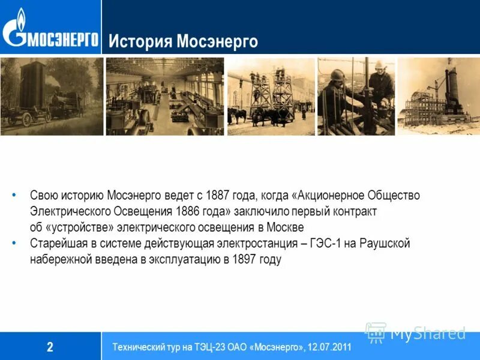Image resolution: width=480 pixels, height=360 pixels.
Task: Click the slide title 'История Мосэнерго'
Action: pyautogui.click(x=183, y=42)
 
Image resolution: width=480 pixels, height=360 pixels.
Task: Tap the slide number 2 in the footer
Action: pyautogui.click(x=50, y=346)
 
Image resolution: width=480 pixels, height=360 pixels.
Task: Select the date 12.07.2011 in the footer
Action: pyautogui.click(x=330, y=347)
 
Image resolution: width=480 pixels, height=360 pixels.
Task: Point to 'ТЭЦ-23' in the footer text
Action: pyautogui.click(x=200, y=347)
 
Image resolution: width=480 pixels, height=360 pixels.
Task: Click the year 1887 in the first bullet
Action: pyautogui.click(x=217, y=196)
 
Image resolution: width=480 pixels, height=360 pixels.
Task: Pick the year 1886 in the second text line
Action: pyautogui.click(x=188, y=211)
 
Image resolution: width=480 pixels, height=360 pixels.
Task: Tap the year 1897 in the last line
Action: pyautogui.click(x=244, y=259)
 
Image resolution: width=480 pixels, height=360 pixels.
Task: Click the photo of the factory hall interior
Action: pyautogui.click(x=164, y=96)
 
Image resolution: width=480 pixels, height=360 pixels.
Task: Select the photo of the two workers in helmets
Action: pyautogui.click(x=356, y=96)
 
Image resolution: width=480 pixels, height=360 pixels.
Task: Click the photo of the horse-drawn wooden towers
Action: pyautogui.click(x=271, y=96)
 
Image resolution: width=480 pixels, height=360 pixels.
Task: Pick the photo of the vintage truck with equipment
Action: pyautogui.click(x=52, y=96)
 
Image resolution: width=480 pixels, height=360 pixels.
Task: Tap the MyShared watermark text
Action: pyautogui.click(x=427, y=333)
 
